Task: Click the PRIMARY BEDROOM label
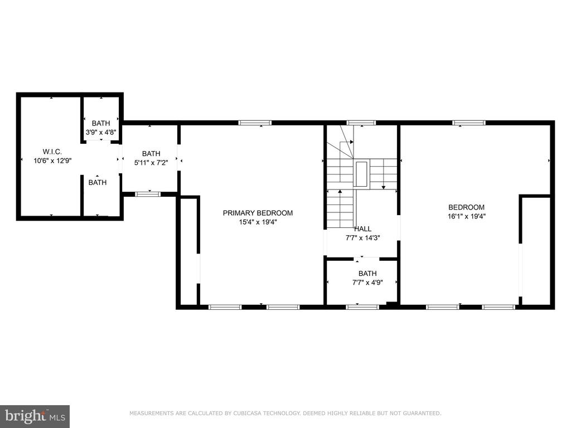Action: (258, 213)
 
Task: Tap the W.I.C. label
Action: (52, 152)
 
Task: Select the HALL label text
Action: (362, 229)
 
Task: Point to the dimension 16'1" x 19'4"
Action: (467, 216)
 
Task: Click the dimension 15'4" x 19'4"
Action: (258, 222)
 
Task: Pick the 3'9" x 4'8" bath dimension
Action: (101, 132)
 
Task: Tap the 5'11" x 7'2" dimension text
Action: (151, 163)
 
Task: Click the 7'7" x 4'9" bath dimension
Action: (367, 283)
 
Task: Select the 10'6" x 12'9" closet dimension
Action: (52, 160)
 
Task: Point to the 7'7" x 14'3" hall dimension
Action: (362, 238)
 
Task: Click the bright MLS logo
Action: (35, 416)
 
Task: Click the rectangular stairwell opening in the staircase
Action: (361, 174)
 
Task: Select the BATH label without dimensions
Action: (98, 182)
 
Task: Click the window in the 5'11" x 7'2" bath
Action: (147, 194)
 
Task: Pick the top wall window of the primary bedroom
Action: (255, 123)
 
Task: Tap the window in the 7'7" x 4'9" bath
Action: (362, 307)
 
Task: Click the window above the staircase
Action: (361, 123)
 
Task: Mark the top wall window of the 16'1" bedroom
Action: (469, 123)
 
